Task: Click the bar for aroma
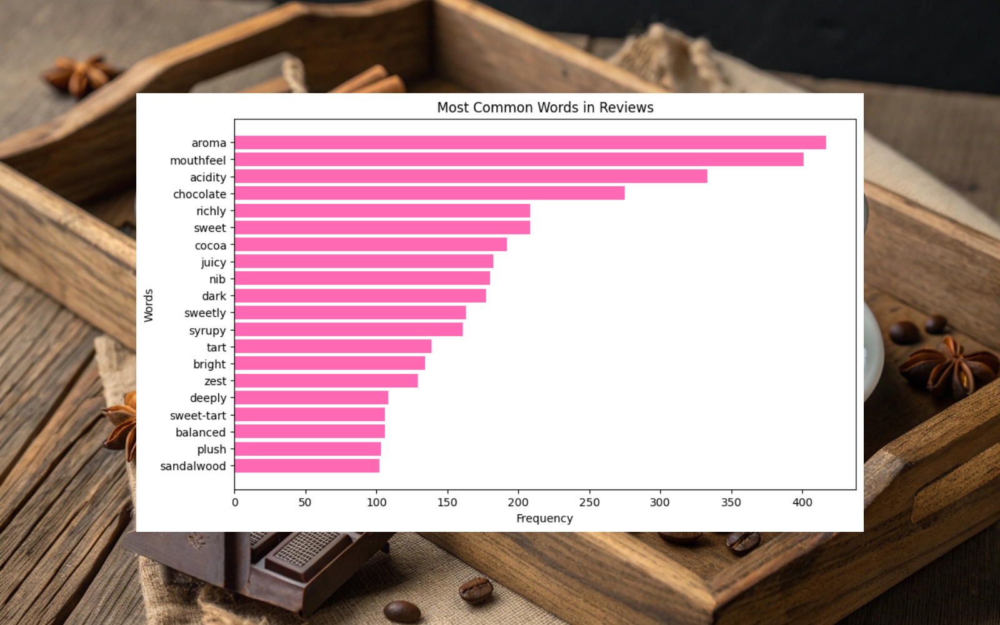(x=530, y=142)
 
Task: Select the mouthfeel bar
(x=519, y=160)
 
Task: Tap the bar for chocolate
(x=429, y=194)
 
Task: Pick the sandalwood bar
(x=307, y=466)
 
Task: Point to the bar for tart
(x=333, y=347)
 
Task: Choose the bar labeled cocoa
(x=371, y=245)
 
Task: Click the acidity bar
(x=471, y=177)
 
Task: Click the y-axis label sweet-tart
(x=197, y=416)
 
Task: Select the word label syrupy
(x=207, y=331)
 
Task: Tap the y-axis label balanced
(x=200, y=432)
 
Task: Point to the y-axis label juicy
(x=213, y=262)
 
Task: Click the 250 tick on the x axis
(x=589, y=502)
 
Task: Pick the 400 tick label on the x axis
(x=802, y=502)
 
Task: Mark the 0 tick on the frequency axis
(x=235, y=502)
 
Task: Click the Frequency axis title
(x=544, y=519)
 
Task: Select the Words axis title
(x=149, y=305)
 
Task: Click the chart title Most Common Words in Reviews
(x=545, y=107)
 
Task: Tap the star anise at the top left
(x=80, y=75)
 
